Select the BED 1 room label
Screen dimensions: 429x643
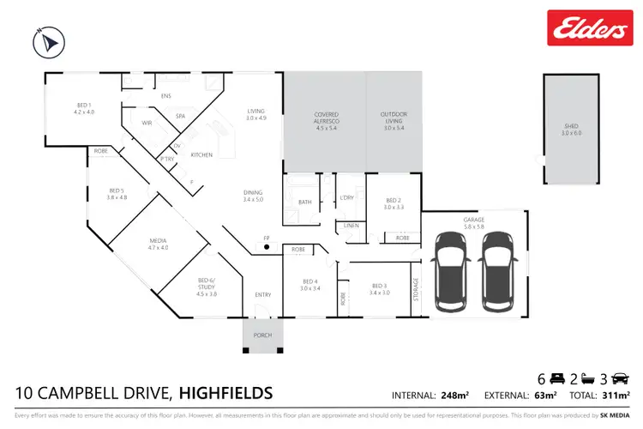pos(82,109)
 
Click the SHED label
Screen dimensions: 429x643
pos(571,130)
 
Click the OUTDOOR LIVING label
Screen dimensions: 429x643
pos(394,118)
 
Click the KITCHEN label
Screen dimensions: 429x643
pos(201,154)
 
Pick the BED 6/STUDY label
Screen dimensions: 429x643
pos(207,284)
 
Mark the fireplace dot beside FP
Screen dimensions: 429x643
pos(267,247)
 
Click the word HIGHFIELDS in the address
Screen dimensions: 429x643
pos(226,394)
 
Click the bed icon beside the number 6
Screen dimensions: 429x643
pos(556,378)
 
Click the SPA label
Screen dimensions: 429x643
pos(181,116)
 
